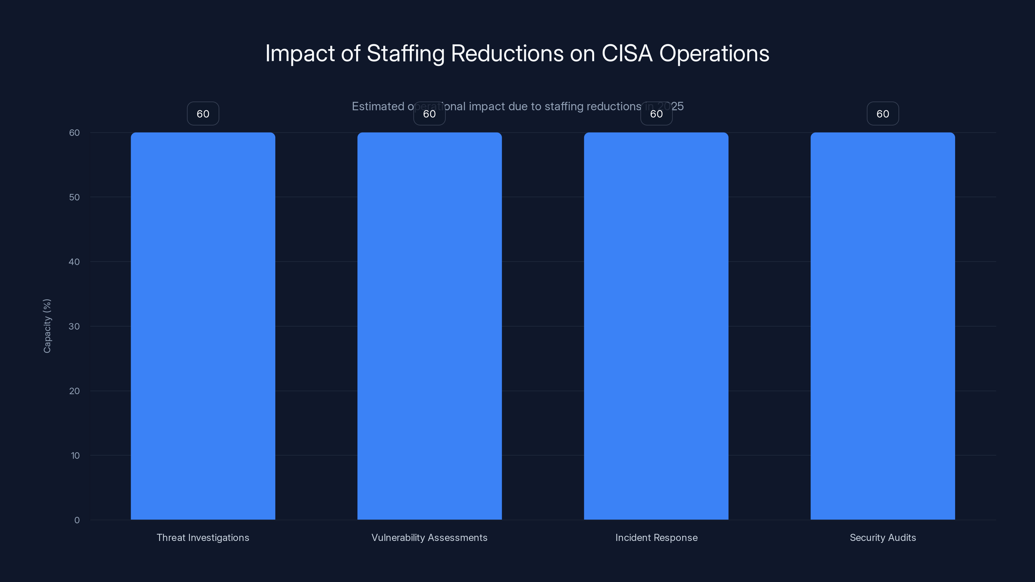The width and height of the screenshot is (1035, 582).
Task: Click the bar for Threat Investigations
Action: (x=203, y=326)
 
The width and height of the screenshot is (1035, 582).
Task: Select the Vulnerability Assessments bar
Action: (x=430, y=326)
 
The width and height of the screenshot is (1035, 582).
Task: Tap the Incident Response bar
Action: (x=656, y=326)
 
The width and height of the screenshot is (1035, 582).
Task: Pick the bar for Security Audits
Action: (x=883, y=326)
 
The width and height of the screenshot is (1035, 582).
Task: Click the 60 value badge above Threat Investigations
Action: (x=203, y=114)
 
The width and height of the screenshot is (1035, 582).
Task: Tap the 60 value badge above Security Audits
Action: (x=883, y=114)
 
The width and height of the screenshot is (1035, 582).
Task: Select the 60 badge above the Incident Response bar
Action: (x=656, y=114)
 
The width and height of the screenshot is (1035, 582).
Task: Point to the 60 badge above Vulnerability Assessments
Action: (x=430, y=114)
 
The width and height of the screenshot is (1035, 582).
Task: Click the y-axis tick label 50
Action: (x=74, y=197)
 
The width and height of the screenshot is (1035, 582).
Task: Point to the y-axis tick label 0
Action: (x=77, y=520)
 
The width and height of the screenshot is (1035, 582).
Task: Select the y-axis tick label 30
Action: (x=74, y=327)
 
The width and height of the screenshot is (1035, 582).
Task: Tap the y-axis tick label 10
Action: (x=75, y=456)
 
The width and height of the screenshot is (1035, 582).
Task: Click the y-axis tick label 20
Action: (x=74, y=391)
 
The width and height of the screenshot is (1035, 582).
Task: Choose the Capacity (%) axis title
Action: (x=47, y=326)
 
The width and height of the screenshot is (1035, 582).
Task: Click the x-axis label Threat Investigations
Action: (x=203, y=537)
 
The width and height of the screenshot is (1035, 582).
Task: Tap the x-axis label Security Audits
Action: (x=883, y=537)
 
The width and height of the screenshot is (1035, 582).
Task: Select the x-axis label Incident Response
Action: (x=656, y=537)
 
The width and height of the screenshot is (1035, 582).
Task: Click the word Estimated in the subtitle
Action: (x=378, y=106)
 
